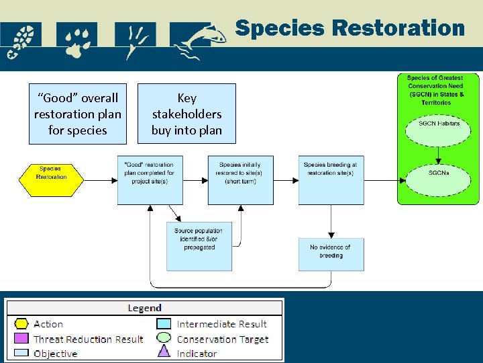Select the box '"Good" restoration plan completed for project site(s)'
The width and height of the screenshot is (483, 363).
150,180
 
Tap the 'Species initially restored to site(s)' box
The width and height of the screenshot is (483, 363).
240,180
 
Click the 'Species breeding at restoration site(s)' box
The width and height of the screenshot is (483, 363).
331,180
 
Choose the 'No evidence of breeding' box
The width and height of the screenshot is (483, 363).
331,254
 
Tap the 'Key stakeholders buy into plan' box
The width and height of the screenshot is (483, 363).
186,114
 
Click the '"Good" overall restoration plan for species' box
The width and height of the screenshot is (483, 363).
77,114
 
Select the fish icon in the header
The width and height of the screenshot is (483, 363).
202,41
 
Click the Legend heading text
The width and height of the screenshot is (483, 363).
144,308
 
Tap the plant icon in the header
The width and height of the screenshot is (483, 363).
135,41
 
